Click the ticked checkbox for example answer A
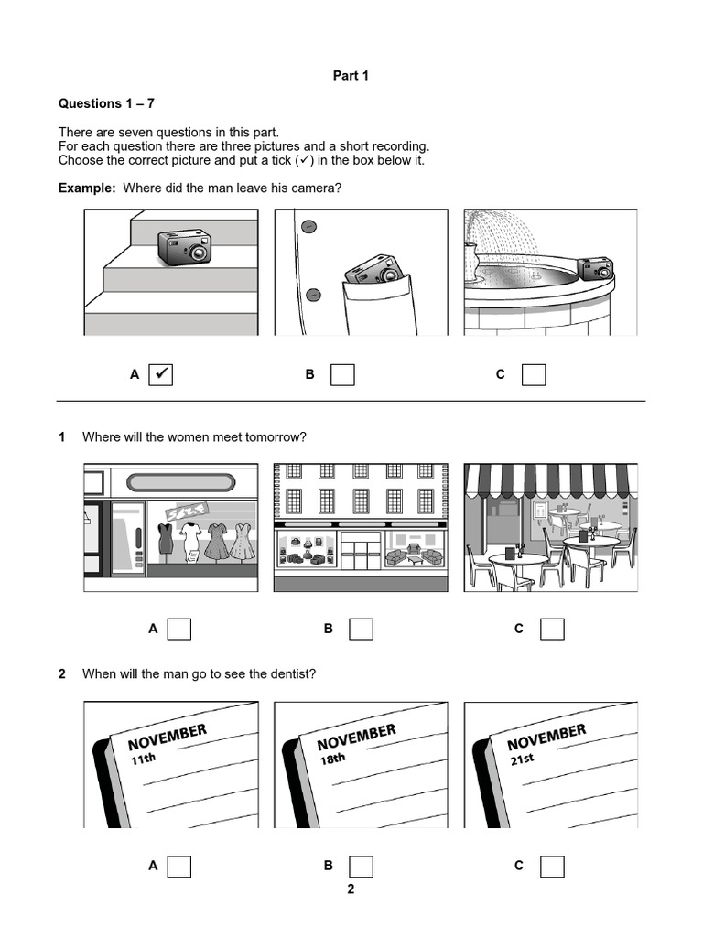pos(160,374)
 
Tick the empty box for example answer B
pos(342,374)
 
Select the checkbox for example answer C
pos(534,374)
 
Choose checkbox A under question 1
pos(178,629)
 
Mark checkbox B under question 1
pos(362,629)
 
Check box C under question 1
pos(552,629)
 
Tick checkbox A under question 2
pos(178,866)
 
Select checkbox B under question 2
pos(362,866)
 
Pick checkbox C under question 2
pos(552,866)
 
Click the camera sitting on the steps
pos(184,246)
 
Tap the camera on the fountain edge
pos(595,268)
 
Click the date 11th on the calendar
pos(143,759)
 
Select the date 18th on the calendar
pos(331,759)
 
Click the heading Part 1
pos(351,76)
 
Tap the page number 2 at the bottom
pos(351,889)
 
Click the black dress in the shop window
pos(166,538)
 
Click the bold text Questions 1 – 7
pos(106,103)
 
